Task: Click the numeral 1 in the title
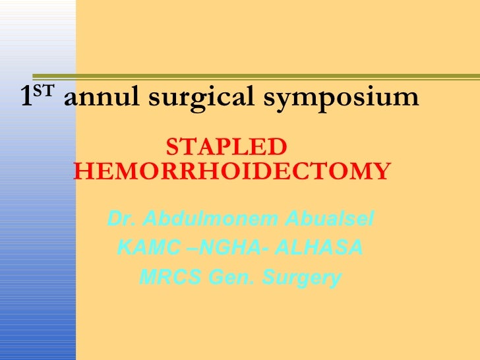26,98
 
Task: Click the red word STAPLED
226,146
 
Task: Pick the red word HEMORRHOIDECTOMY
231,171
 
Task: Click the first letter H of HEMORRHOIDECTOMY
82,171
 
